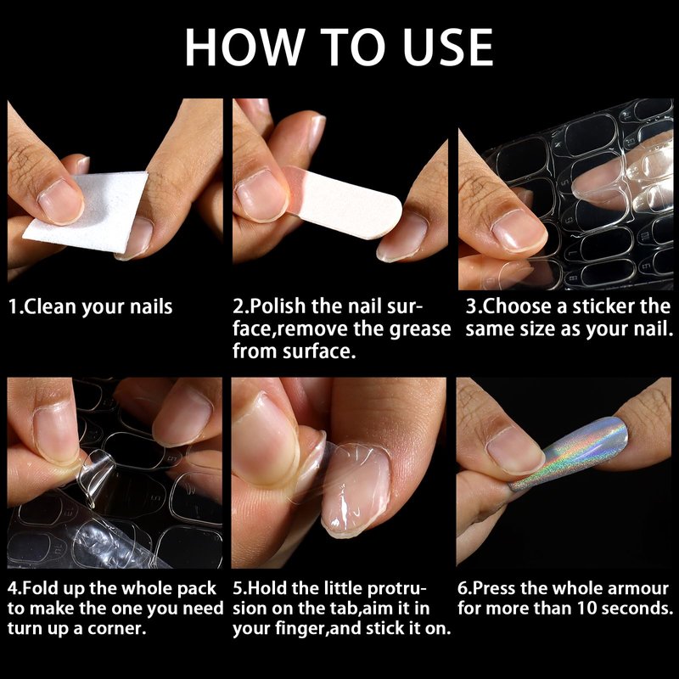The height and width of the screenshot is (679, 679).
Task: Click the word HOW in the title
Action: click(244, 47)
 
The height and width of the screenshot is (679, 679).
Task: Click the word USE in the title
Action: click(448, 47)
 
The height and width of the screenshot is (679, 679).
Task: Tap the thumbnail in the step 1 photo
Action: click(60, 201)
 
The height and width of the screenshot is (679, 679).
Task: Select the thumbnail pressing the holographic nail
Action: click(514, 451)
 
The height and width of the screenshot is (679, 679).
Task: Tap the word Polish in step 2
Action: click(278, 306)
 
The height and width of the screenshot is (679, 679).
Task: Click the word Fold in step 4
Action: click(40, 588)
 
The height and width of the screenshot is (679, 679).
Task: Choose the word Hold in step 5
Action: click(267, 588)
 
